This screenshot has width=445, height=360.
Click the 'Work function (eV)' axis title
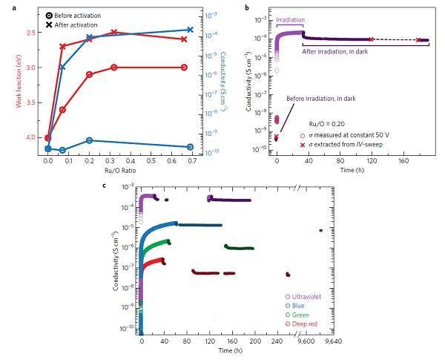(x=8, y=82)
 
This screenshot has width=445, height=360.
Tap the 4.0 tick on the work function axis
(x=33, y=137)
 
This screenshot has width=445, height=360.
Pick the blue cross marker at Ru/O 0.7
(x=190, y=30)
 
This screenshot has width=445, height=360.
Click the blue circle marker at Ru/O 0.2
(x=89, y=140)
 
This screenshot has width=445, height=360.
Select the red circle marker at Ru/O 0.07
(x=62, y=110)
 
